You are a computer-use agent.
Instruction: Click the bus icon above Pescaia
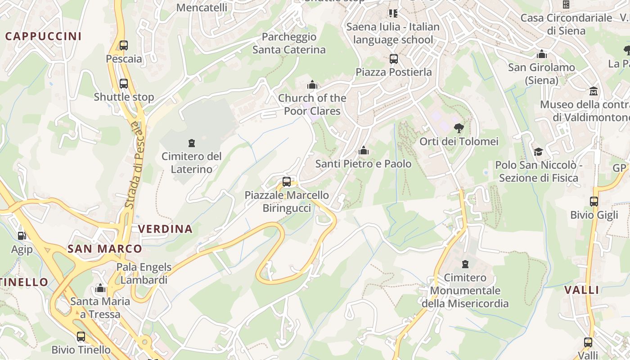pyautogui.click(x=123, y=45)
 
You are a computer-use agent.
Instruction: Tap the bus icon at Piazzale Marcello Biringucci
pyautogui.click(x=287, y=182)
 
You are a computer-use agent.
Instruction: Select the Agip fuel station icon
pyautogui.click(x=21, y=235)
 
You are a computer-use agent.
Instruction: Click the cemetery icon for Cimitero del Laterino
pyautogui.click(x=192, y=143)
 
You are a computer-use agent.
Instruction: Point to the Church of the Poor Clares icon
pyautogui.click(x=312, y=85)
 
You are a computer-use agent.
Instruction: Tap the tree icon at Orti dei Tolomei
pyautogui.click(x=459, y=128)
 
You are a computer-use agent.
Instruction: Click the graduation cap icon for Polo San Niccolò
pyautogui.click(x=538, y=152)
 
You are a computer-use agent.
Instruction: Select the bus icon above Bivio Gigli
pyautogui.click(x=594, y=201)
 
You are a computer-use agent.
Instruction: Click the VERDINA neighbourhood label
pyautogui.click(x=165, y=229)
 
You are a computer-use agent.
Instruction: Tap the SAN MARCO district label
pyautogui.click(x=104, y=248)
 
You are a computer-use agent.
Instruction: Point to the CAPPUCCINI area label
pyautogui.click(x=43, y=36)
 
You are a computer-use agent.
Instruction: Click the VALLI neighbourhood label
pyautogui.click(x=582, y=290)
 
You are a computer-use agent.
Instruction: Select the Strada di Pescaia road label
pyautogui.click(x=134, y=164)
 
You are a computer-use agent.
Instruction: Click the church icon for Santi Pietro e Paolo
pyautogui.click(x=363, y=150)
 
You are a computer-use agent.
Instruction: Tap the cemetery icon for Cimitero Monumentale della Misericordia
pyautogui.click(x=465, y=264)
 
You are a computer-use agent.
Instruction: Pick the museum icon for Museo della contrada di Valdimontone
pyautogui.click(x=593, y=91)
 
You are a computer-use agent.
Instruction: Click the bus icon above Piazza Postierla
pyautogui.click(x=394, y=58)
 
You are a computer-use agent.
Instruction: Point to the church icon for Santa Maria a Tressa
pyautogui.click(x=100, y=288)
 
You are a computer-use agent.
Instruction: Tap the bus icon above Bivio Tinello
pyautogui.click(x=81, y=336)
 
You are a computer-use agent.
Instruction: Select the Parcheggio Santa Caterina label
pyautogui.click(x=289, y=43)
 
